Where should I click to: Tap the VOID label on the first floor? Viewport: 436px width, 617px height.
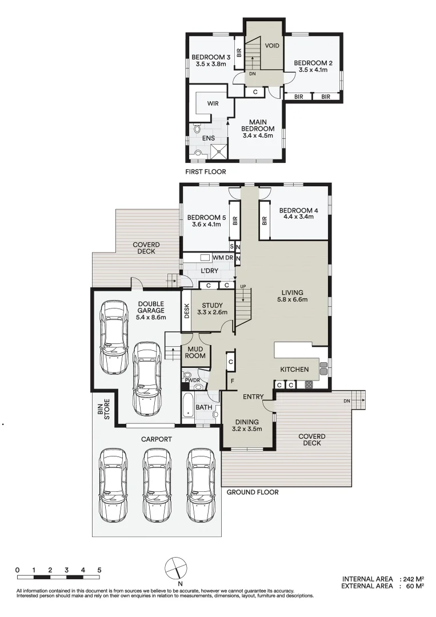click(273, 45)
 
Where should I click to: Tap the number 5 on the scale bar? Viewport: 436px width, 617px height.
click(99, 570)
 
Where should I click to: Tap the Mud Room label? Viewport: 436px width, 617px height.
click(195, 352)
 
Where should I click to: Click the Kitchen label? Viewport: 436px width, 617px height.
click(294, 370)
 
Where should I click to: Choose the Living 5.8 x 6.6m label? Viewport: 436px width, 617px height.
click(292, 296)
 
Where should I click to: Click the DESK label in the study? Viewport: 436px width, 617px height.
click(186, 311)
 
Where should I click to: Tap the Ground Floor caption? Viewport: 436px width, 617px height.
click(253, 492)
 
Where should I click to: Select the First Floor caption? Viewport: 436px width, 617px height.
click(206, 171)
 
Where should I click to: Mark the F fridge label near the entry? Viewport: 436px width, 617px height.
click(231, 380)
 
